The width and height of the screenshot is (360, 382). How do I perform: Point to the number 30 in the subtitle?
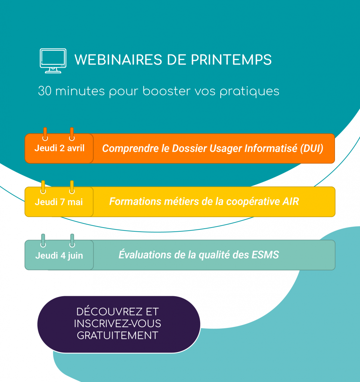(x=44, y=91)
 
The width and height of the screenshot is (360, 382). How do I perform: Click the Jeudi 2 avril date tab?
(x=59, y=148)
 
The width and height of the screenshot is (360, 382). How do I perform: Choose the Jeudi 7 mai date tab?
(x=59, y=202)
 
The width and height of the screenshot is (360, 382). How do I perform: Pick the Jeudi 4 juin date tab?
(x=59, y=256)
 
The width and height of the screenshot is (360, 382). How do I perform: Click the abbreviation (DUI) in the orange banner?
(x=311, y=148)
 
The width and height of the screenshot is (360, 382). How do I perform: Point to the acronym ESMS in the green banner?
(x=265, y=255)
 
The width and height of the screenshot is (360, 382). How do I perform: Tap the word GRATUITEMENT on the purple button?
(x=118, y=335)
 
